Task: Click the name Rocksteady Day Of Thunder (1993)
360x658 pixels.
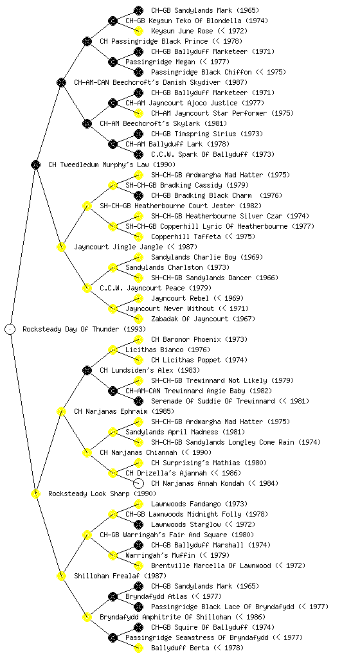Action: [84, 329]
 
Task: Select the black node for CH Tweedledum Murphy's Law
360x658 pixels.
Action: [35, 164]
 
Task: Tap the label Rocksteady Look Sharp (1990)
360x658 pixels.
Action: [102, 493]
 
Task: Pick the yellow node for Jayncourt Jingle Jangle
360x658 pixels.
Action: [61, 247]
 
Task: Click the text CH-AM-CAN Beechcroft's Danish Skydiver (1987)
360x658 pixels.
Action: [161, 82]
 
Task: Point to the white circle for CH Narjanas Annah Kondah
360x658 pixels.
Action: [138, 483]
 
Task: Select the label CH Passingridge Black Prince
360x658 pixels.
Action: [154, 41]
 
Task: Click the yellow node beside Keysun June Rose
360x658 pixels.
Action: [138, 31]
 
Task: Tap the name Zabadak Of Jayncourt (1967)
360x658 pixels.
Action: [203, 319]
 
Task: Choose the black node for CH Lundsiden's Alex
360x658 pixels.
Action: [87, 370]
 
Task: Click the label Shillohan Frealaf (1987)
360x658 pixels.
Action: [120, 576]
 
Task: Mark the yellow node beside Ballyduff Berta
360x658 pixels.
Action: [138, 648]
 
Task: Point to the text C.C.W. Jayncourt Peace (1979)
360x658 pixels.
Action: [156, 288]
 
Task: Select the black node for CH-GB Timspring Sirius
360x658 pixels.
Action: [138, 134]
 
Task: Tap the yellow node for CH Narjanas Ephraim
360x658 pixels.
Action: [61, 411]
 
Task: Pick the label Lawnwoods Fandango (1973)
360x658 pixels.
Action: [199, 504]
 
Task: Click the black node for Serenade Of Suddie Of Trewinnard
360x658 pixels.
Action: [138, 401]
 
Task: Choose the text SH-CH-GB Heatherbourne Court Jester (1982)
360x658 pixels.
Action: [181, 206]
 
